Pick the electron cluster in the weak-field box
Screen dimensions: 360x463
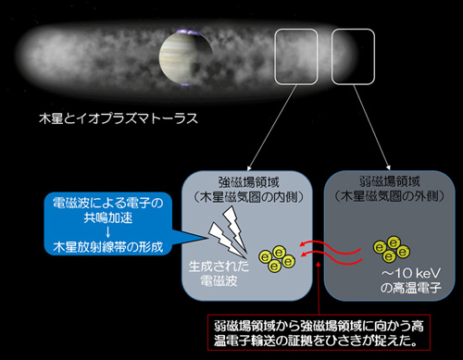[x=389, y=250]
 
